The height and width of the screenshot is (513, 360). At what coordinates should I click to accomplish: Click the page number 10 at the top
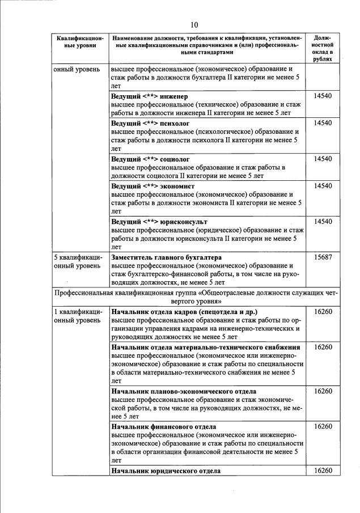coord(194,24)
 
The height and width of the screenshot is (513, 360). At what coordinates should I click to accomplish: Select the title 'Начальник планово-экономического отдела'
coord(183,391)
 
